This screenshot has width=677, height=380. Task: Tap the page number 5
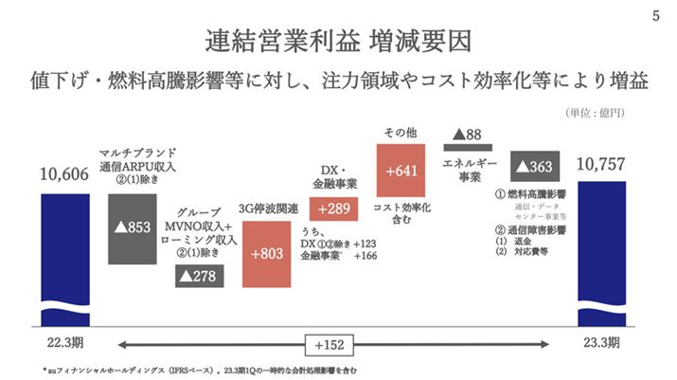pyautogui.click(x=656, y=17)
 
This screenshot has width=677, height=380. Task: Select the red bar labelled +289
pyautogui.click(x=338, y=208)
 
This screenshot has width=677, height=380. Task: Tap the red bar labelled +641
pyautogui.click(x=404, y=171)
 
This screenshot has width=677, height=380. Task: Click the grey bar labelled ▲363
pyautogui.click(x=537, y=167)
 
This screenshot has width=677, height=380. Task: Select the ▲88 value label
pyautogui.click(x=469, y=134)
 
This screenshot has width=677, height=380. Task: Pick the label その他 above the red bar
pyautogui.click(x=403, y=130)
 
